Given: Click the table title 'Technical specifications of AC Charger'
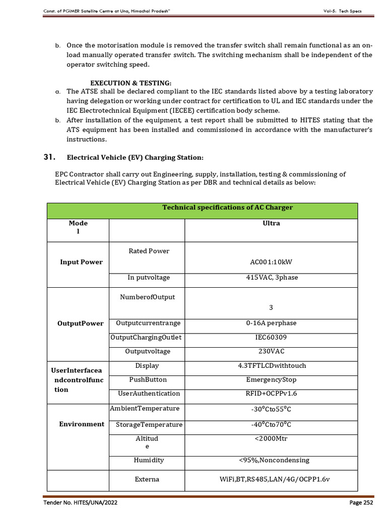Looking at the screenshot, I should (227, 208).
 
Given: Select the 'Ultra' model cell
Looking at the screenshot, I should (271, 223).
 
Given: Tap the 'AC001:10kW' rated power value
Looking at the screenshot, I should (271, 262).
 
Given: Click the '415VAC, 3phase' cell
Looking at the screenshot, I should (271, 278).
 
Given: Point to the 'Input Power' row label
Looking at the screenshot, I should (81, 262).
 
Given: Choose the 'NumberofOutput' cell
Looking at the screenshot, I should (147, 297).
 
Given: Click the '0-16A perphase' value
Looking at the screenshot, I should (271, 323).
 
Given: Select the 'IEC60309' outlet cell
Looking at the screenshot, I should (271, 337).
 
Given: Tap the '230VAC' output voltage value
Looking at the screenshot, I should (271, 351).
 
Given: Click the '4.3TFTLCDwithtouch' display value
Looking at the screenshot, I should (271, 365).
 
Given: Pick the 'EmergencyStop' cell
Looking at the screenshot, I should (271, 379).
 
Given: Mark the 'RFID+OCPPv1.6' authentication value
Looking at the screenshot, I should (271, 393).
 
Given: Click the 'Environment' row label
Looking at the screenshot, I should (82, 424).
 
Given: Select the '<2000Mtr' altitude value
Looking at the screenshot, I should (271, 438).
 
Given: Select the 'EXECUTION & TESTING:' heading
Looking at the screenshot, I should (131, 83).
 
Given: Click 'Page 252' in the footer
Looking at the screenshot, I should (361, 502).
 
